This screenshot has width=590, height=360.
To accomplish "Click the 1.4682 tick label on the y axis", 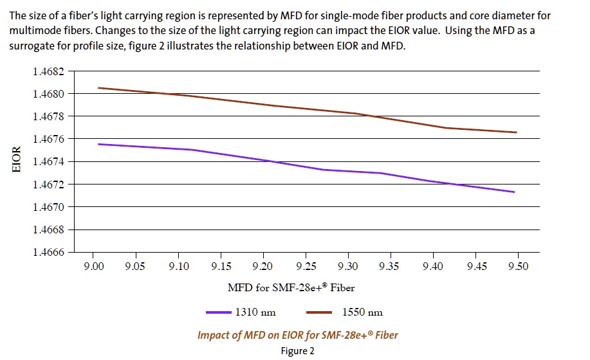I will point(49,71).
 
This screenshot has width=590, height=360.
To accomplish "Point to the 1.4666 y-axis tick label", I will point(49,252).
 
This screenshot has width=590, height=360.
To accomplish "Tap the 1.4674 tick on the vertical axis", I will point(49,162).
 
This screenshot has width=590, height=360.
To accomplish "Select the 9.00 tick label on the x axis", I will point(94,267).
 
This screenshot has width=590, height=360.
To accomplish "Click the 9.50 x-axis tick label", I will point(517,267).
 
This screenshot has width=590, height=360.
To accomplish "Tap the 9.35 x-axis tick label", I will point(390,267).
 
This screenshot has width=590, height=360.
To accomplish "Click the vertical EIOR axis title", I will point(18,161).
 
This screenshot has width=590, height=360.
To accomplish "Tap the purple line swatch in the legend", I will point(218,312).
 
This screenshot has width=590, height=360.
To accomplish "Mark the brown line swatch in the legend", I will point(319,312).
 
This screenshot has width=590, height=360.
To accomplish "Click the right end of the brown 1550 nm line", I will point(516,132).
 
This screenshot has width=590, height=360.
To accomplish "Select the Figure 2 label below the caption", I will point(297,351).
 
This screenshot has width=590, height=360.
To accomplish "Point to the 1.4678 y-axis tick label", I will point(49,116).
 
